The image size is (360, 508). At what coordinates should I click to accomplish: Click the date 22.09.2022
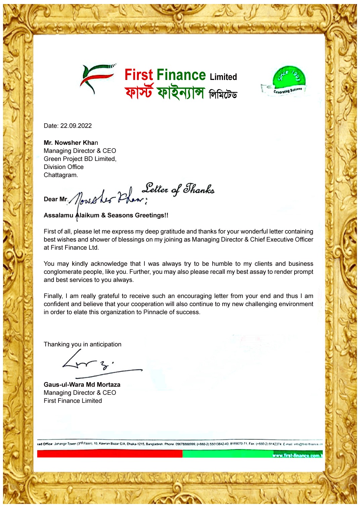click(76, 126)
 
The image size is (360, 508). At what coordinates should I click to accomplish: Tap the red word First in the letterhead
click(139, 75)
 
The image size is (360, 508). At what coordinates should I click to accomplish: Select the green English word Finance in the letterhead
click(181, 75)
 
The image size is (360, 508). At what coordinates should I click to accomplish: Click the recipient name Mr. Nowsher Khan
click(71, 142)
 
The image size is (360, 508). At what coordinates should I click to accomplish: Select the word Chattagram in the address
click(60, 175)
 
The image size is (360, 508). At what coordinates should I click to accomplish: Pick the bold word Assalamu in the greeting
click(58, 215)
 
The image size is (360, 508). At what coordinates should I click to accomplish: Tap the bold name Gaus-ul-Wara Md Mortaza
click(82, 384)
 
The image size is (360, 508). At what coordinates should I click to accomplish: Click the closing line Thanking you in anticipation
click(83, 344)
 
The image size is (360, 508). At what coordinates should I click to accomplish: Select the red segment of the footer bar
click(109, 454)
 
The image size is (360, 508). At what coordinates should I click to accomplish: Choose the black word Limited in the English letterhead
click(223, 77)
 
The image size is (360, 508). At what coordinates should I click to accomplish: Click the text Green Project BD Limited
click(80, 159)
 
